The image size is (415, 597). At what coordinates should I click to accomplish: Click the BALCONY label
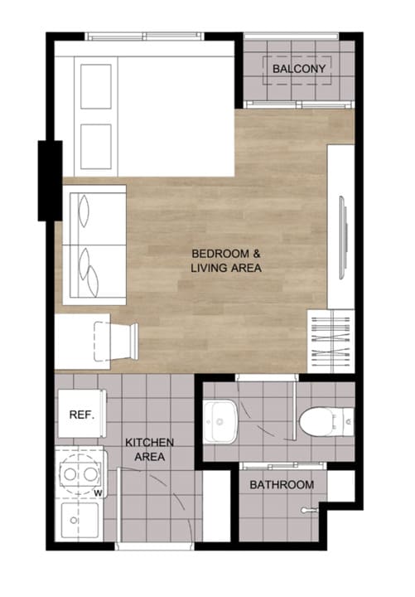[299, 69]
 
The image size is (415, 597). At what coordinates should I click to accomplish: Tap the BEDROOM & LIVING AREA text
[226, 261]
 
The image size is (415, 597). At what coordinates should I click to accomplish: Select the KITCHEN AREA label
[149, 449]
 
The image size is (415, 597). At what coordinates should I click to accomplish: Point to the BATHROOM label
[282, 485]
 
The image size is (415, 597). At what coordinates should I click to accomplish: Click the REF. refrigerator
[82, 414]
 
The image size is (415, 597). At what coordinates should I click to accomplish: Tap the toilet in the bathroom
[326, 421]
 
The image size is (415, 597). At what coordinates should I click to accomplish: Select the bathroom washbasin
[220, 421]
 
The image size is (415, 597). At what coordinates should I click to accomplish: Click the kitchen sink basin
[80, 520]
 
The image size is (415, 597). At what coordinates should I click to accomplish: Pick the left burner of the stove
[70, 474]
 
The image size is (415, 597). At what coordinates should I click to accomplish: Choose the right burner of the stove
[90, 474]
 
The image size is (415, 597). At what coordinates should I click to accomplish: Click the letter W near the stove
[98, 493]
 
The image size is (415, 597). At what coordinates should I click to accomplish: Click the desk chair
[116, 341]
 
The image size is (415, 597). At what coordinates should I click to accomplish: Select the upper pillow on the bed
[96, 86]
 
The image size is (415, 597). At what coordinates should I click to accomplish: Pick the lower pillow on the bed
[96, 147]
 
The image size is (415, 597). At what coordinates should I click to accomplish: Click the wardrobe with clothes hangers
[331, 341]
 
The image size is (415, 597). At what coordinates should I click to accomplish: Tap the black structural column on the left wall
[50, 181]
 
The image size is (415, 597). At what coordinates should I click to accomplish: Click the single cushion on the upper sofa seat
[84, 211]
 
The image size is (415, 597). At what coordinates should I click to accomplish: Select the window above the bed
[145, 36]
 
